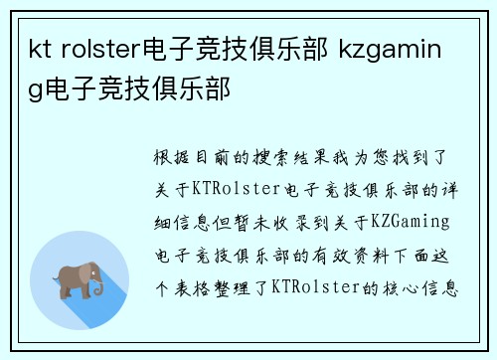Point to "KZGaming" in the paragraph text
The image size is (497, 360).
point(412,221)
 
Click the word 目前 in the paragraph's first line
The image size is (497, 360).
point(214,157)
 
